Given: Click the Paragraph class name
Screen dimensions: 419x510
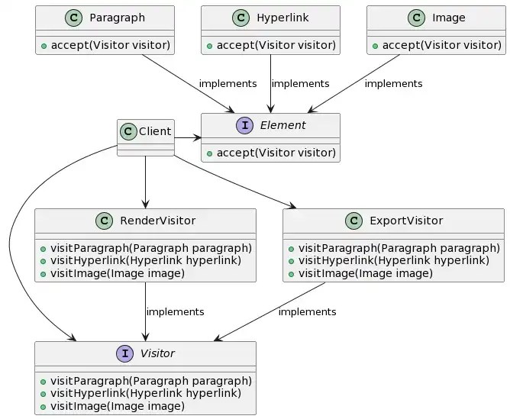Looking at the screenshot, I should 118,18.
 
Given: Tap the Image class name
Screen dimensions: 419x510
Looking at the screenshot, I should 448,18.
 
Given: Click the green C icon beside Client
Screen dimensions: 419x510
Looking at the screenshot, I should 128,131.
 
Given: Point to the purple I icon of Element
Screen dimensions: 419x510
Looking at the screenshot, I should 244,126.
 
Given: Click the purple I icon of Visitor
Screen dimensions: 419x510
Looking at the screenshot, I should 123,353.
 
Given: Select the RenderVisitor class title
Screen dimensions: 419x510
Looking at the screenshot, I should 157,221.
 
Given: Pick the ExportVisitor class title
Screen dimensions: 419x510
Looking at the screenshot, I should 405,221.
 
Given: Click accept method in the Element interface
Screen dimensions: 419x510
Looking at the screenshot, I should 270,153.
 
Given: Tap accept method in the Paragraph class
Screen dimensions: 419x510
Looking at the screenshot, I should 105,45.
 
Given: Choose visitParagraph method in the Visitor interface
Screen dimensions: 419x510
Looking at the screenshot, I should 145,381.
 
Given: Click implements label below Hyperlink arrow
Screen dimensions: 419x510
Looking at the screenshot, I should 300,83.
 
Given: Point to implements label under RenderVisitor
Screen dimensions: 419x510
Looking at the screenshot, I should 175,311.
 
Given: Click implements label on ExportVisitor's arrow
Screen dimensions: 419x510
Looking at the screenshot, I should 307,311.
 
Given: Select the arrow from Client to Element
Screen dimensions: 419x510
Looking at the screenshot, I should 187,138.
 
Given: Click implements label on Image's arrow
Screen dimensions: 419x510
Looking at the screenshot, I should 393,83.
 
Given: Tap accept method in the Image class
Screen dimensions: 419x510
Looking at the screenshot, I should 436,45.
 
